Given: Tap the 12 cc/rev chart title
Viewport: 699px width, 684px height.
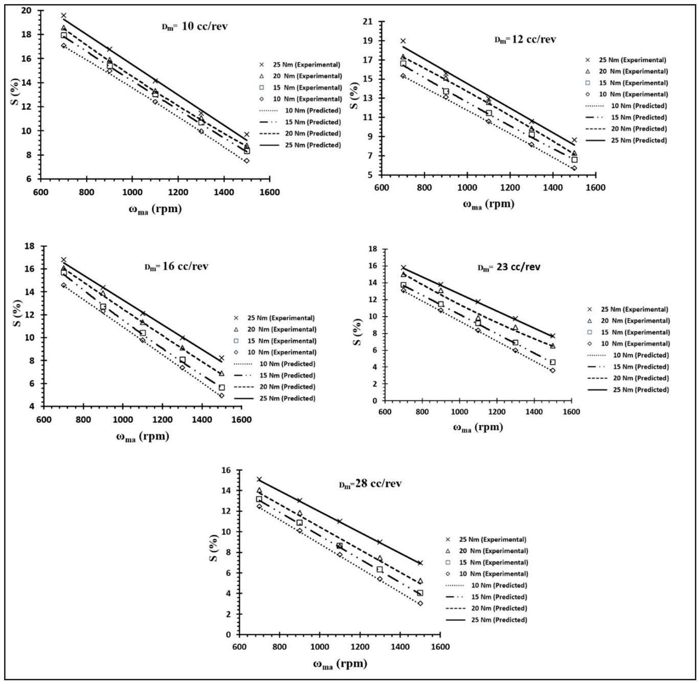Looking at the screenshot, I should [x=525, y=39].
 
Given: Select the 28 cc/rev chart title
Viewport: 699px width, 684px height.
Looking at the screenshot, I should [x=371, y=484].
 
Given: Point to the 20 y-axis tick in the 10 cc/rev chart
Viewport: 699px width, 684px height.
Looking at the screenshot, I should [x=26, y=10].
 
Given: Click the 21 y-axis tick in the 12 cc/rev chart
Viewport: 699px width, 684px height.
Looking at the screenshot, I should [x=367, y=22].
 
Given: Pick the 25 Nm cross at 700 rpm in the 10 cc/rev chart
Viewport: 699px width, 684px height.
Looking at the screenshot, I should [x=64, y=16].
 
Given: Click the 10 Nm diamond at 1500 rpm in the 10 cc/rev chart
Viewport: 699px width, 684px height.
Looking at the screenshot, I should [x=246, y=161].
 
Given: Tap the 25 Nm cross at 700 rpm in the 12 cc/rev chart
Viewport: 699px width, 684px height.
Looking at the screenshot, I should [x=403, y=41].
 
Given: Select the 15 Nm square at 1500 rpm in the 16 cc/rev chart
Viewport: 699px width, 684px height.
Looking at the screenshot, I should [x=221, y=387].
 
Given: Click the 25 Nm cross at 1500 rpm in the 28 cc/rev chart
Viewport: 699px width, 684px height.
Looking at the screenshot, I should [x=420, y=563].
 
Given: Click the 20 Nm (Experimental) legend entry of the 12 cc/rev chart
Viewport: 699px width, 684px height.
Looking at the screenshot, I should [x=633, y=72].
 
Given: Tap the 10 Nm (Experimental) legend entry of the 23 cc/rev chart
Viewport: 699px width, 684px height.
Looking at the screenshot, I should [x=635, y=344].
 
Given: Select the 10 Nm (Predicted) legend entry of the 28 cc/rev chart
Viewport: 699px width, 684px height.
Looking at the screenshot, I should [x=499, y=586].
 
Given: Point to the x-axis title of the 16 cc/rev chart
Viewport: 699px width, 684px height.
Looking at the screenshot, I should [x=142, y=437].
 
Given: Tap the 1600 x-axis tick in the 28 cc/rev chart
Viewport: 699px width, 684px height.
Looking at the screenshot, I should [x=440, y=647].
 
